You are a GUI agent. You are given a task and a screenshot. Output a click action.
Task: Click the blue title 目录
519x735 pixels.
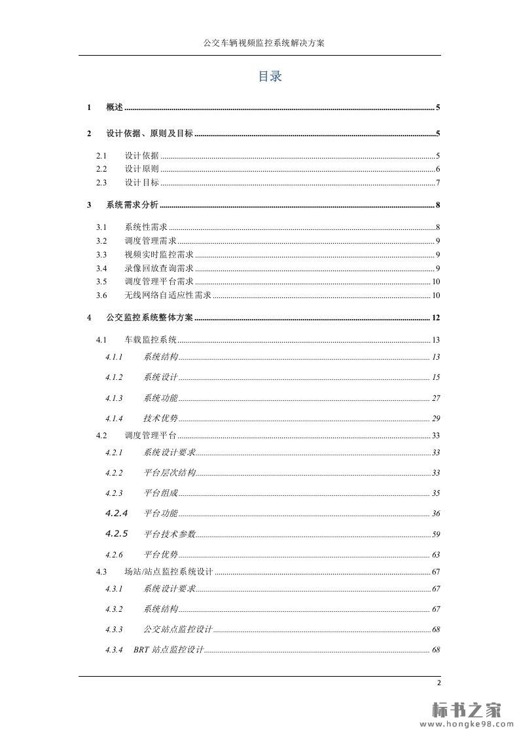point(270,77)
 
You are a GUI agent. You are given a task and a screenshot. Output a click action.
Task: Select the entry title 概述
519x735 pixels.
point(115,107)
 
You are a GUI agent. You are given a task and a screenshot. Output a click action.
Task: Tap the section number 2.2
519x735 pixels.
point(101,169)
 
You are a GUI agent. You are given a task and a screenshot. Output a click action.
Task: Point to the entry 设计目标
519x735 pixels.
point(141,183)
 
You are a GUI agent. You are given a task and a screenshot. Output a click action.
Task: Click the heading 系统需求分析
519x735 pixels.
point(132,205)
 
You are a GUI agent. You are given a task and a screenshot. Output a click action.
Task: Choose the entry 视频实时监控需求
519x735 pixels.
point(158,255)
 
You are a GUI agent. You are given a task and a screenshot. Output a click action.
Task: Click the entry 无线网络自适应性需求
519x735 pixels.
point(168,295)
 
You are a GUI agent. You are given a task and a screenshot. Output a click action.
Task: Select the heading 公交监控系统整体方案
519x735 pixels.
point(149,318)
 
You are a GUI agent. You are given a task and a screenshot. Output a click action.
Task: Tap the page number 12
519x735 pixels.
point(436,318)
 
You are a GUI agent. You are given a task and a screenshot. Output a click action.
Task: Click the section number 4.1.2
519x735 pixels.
point(114,377)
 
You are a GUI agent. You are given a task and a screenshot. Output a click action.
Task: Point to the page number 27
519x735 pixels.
point(436,398)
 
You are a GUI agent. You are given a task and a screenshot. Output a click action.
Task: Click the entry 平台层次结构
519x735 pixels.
point(169,473)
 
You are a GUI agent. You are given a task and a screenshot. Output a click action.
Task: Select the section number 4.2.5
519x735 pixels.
point(116,533)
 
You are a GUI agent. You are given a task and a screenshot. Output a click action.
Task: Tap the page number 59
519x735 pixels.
point(436,534)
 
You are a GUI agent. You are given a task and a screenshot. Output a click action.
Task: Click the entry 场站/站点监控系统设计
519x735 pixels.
point(168,572)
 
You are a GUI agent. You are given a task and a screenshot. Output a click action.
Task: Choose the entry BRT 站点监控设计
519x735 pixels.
point(169,650)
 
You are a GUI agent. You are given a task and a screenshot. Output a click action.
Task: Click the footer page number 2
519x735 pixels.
point(438,683)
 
